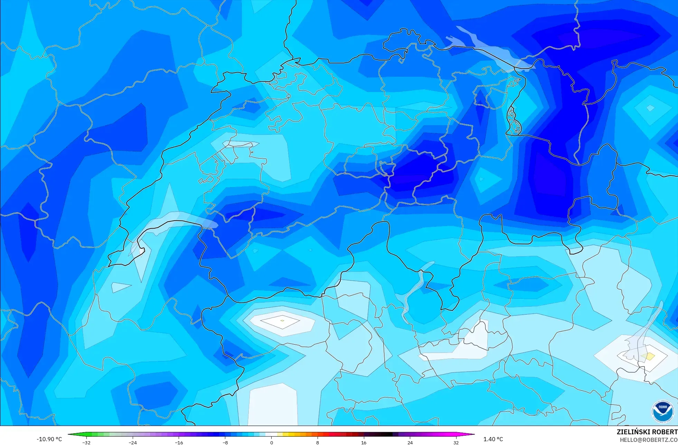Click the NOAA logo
pyautogui.click(x=662, y=411)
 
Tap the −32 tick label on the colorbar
pyautogui.click(x=86, y=443)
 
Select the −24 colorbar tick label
pyautogui.click(x=133, y=443)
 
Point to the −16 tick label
pyautogui.click(x=179, y=443)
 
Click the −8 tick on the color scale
pyautogui.click(x=225, y=443)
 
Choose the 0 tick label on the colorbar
pyautogui.click(x=272, y=443)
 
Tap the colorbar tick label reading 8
pyautogui.click(x=318, y=443)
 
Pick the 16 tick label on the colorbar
pyautogui.click(x=364, y=443)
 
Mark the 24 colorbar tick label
pyautogui.click(x=410, y=443)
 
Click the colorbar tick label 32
pyautogui.click(x=456, y=443)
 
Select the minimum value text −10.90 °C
pyautogui.click(x=49, y=439)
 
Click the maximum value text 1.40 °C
pyautogui.click(x=493, y=439)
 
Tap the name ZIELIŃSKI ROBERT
pyautogui.click(x=647, y=432)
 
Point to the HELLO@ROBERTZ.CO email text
pyautogui.click(x=648, y=440)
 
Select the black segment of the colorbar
pyautogui.click(x=387, y=434)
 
